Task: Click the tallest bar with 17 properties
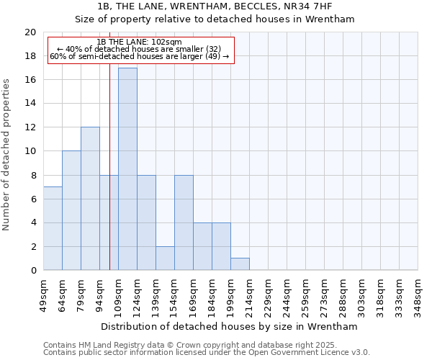(x=127, y=169)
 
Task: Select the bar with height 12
(x=90, y=199)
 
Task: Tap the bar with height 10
(x=71, y=210)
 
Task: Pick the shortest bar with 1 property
(x=240, y=264)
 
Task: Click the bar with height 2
(x=165, y=258)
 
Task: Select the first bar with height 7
(x=53, y=228)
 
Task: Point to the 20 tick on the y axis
(x=30, y=32)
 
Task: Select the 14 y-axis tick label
(x=30, y=104)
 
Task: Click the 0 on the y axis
(x=33, y=271)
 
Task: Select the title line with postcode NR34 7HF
(x=215, y=6)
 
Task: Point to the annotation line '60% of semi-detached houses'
(x=140, y=55)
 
